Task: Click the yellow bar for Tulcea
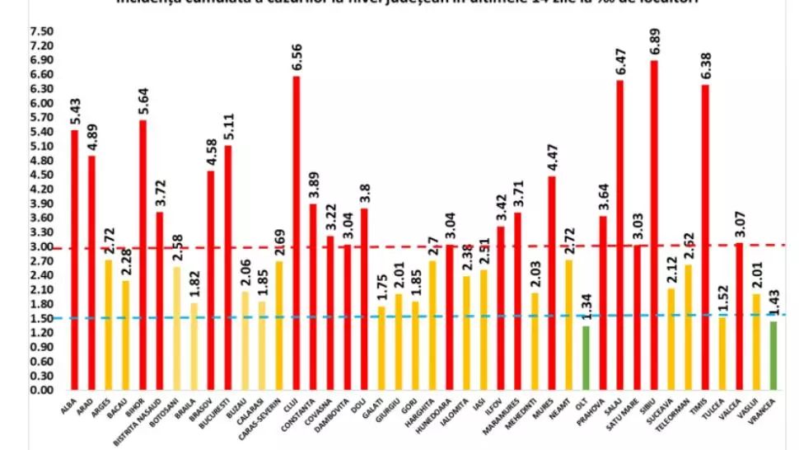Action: pos(722,353)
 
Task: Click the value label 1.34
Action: pos(586,307)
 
